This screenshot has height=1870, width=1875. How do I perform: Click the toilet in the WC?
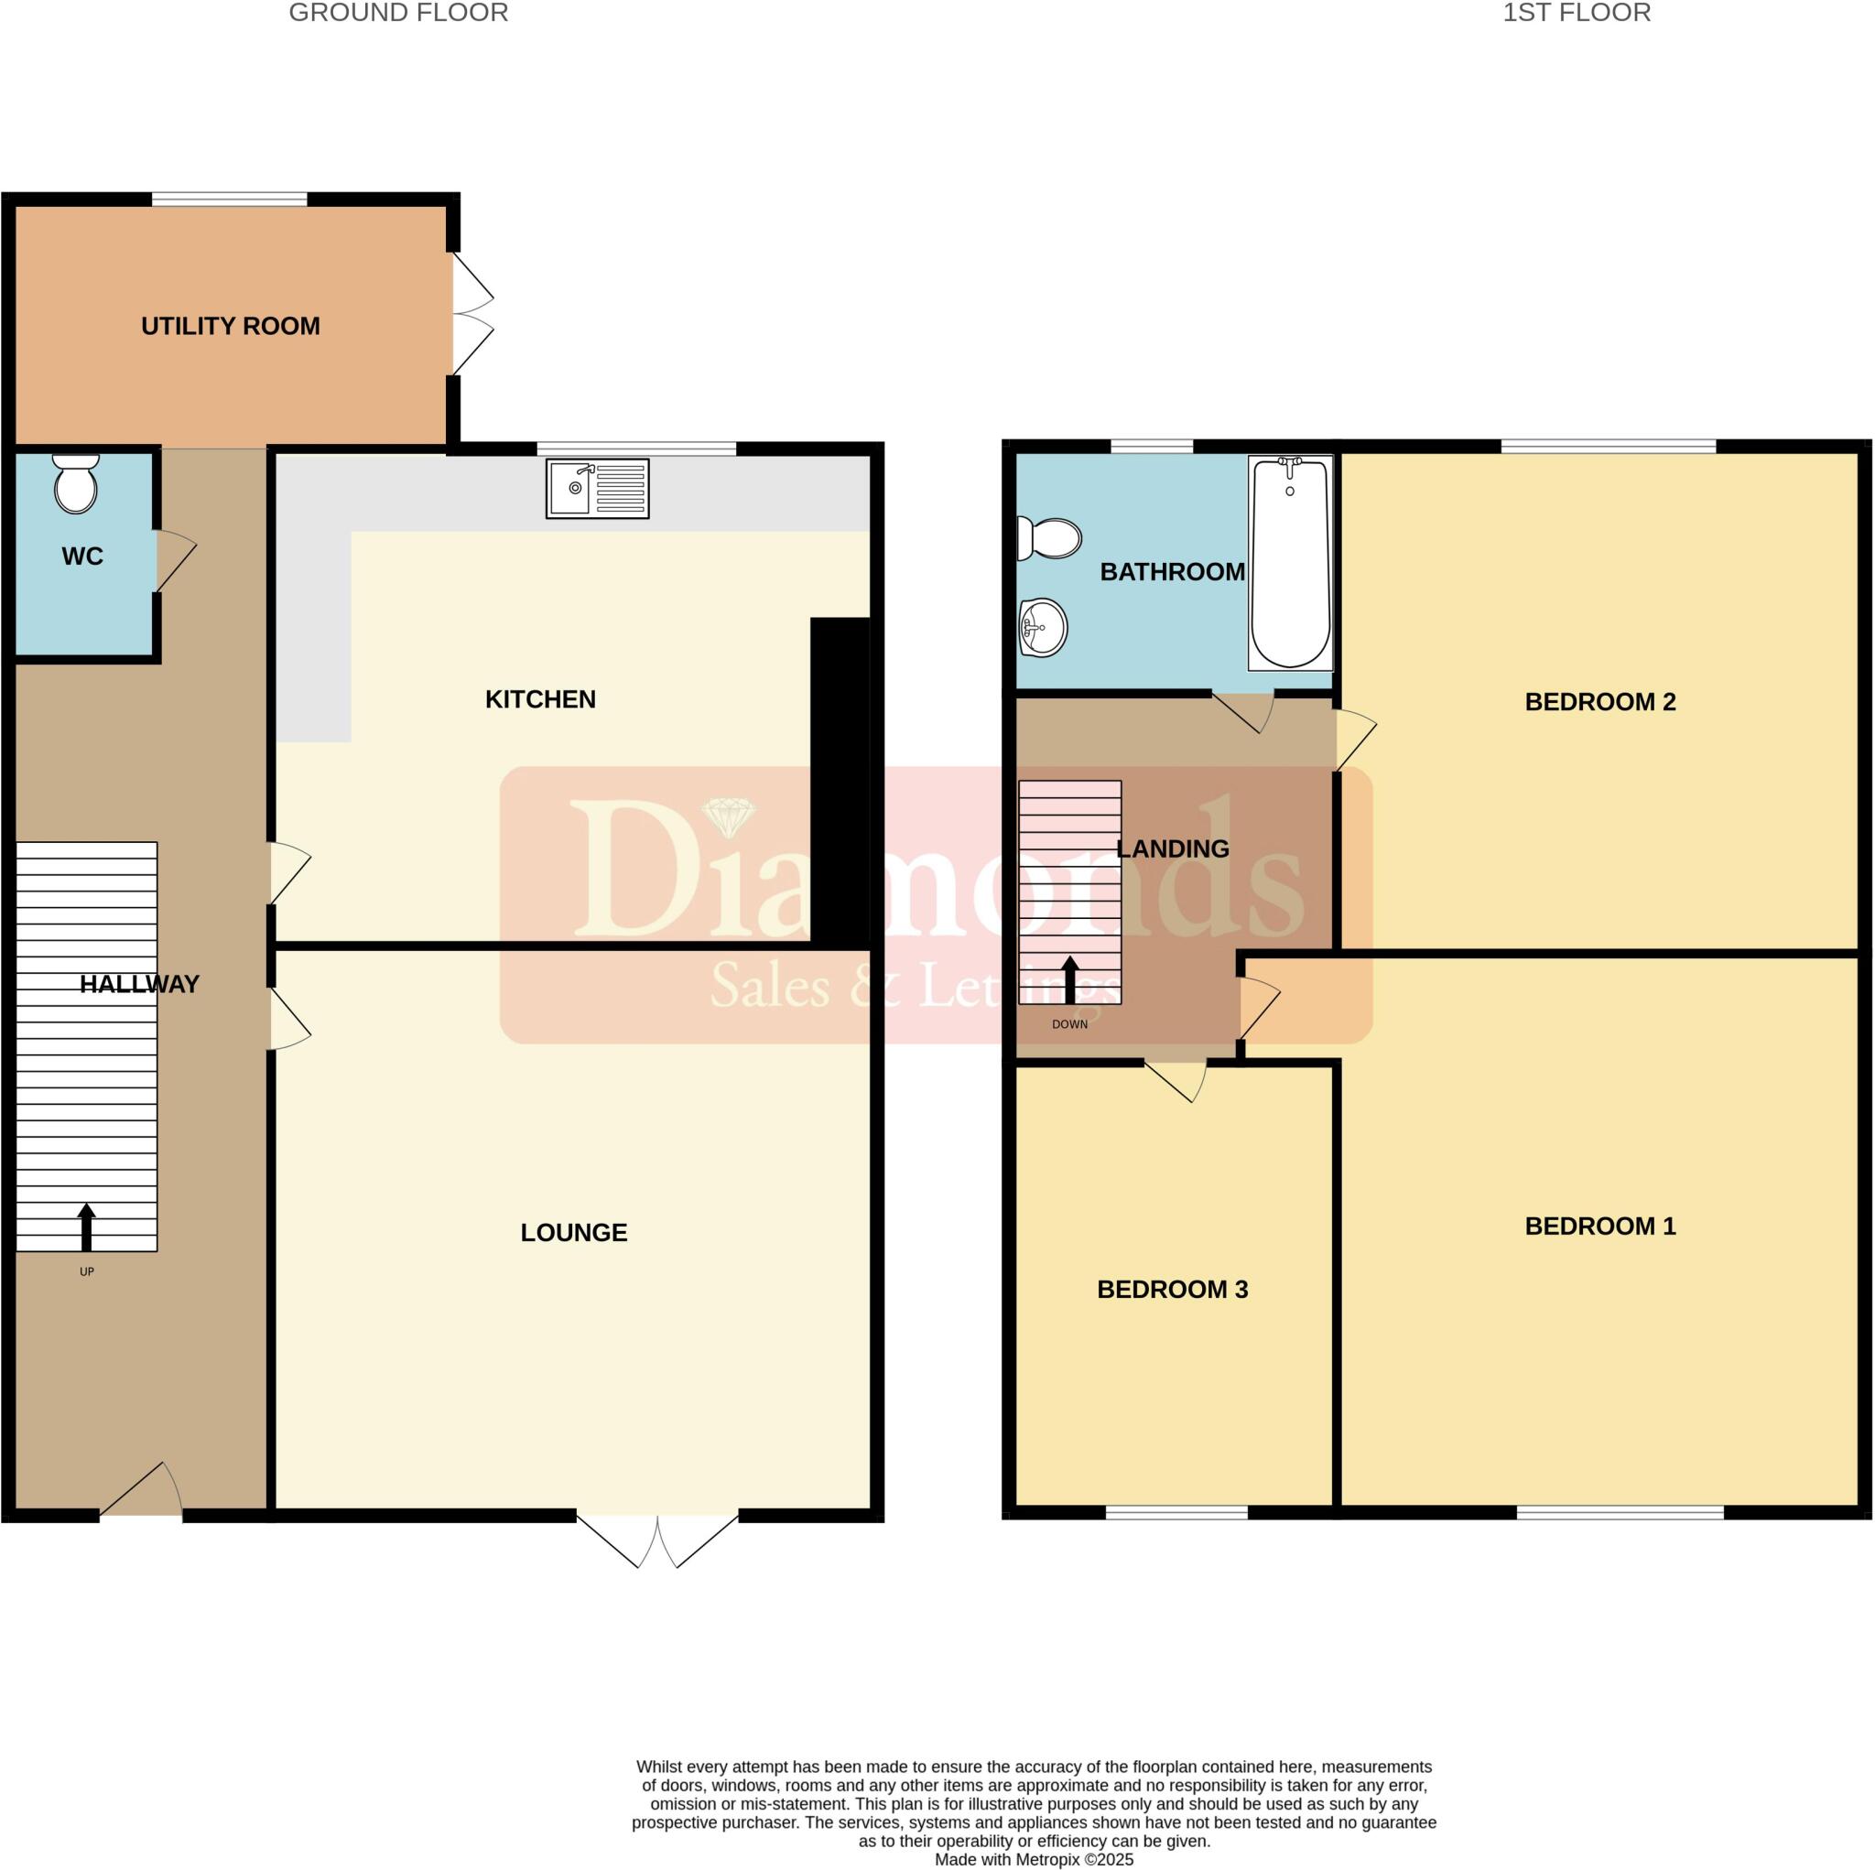[76, 483]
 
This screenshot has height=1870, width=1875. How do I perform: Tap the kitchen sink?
[597, 488]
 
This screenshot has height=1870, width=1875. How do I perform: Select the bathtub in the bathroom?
[1290, 563]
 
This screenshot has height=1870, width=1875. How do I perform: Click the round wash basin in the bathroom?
[1044, 628]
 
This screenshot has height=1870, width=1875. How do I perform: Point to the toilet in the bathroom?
[1049, 538]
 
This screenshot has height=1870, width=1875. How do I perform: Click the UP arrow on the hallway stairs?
[86, 1227]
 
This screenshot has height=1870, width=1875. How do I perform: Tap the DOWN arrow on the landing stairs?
[1069, 979]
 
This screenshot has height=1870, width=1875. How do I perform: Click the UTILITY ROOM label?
[230, 326]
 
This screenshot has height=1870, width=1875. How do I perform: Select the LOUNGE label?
[573, 1232]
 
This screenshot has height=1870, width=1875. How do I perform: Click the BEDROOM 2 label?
[1599, 702]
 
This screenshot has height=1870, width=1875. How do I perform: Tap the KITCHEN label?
[539, 698]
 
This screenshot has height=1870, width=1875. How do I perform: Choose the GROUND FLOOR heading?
[398, 14]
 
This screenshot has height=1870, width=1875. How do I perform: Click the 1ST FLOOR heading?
[1577, 14]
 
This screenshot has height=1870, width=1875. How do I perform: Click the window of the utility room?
[229, 199]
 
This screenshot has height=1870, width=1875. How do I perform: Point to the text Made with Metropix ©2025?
[1034, 1859]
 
